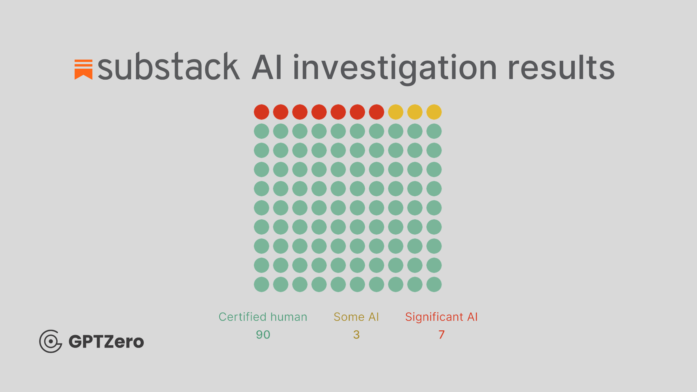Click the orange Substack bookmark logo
click(83, 69)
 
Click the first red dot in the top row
click(261, 112)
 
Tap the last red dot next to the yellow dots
click(377, 112)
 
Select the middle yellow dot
click(415, 112)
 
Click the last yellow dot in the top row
click(434, 112)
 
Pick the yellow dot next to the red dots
click(396, 112)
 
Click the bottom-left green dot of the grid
click(261, 284)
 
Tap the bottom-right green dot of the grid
click(434, 284)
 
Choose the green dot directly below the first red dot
click(261, 131)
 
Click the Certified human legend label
click(263, 317)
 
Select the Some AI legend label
click(356, 317)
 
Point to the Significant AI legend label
click(441, 317)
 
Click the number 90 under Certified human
click(263, 335)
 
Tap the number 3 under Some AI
click(356, 335)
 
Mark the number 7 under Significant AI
click(441, 335)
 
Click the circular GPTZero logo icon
click(50, 341)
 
